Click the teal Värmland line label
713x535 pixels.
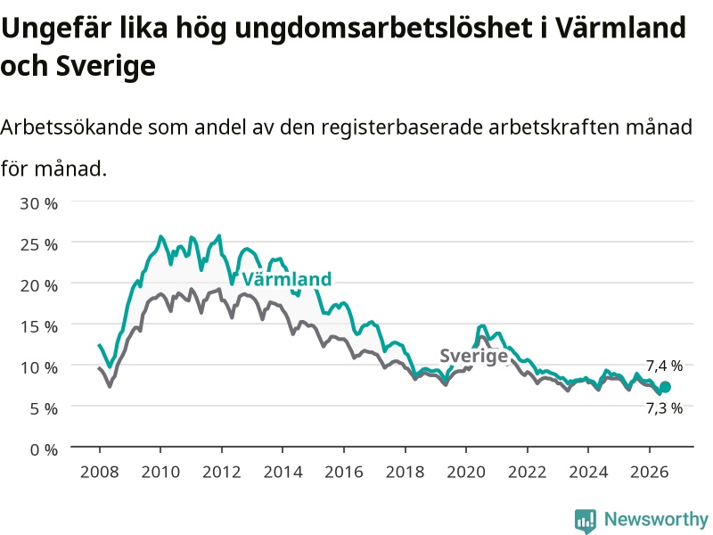click(x=286, y=279)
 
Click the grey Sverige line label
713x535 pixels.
click(x=473, y=356)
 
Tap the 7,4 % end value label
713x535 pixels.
click(x=664, y=366)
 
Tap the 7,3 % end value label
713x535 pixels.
click(x=664, y=408)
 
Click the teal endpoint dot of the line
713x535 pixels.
click(x=665, y=387)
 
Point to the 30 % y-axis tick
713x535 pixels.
click(x=38, y=203)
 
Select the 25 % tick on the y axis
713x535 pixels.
click(x=38, y=244)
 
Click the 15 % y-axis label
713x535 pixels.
click(x=38, y=326)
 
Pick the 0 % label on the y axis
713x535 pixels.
click(x=44, y=450)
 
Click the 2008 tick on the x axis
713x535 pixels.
click(x=100, y=472)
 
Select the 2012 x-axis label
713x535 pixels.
click(x=221, y=472)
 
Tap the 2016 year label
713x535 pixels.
click(x=344, y=472)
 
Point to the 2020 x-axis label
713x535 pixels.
click(x=466, y=472)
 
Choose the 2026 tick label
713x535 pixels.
click(x=650, y=472)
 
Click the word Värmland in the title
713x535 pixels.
click(x=620, y=28)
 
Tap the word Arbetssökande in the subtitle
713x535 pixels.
click(x=71, y=127)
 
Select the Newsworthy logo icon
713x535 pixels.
click(x=586, y=520)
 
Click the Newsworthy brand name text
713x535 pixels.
click(x=656, y=519)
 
